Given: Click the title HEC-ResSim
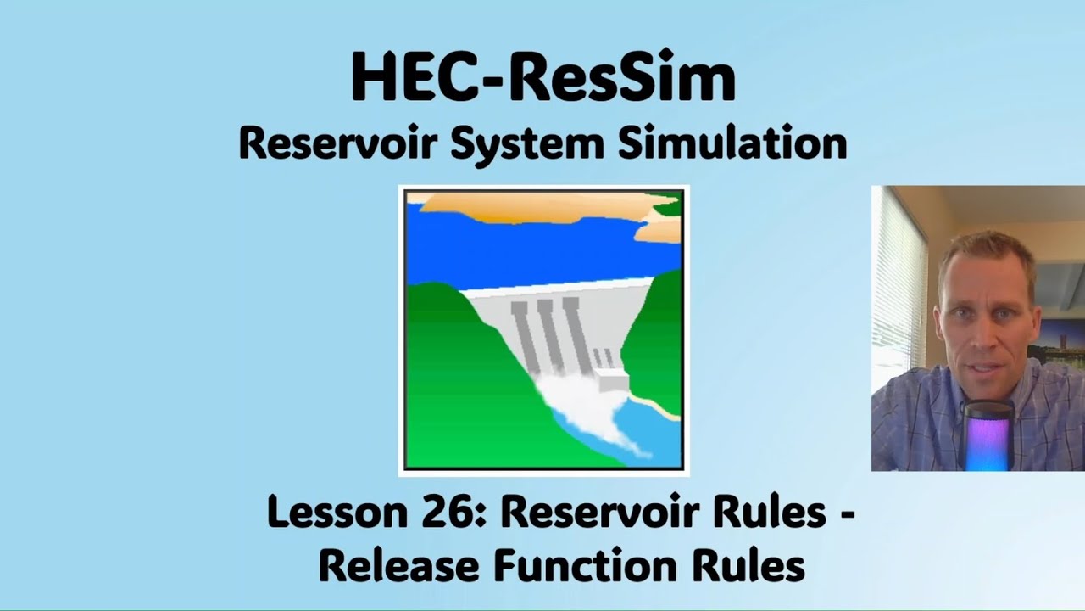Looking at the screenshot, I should [x=542, y=78].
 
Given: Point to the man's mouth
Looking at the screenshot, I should [x=983, y=356].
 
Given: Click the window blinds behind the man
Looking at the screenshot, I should [x=899, y=280].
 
